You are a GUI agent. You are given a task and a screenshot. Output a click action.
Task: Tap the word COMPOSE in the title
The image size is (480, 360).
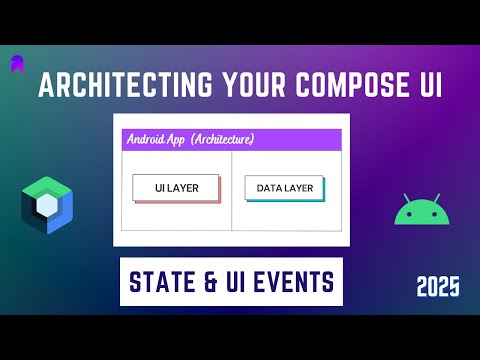(335, 87)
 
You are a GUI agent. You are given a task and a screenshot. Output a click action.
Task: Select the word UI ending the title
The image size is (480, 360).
(425, 87)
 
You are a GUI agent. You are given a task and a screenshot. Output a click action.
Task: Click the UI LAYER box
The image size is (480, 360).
(174, 186)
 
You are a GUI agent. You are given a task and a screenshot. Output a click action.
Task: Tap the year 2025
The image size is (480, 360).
(438, 288)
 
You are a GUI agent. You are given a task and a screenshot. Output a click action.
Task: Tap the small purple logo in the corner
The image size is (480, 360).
(18, 62)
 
